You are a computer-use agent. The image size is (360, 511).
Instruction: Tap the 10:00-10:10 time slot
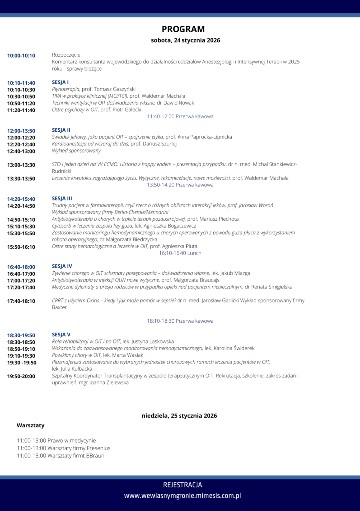(21, 55)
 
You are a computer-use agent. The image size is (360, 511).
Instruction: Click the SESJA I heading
(60, 82)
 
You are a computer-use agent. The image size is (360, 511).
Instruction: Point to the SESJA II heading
(61, 130)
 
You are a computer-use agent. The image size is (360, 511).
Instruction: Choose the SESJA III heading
(62, 198)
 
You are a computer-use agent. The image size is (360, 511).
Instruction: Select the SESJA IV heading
(62, 266)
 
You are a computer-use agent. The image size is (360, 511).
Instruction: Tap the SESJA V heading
(61, 334)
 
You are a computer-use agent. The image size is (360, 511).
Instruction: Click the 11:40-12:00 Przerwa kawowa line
(180, 116)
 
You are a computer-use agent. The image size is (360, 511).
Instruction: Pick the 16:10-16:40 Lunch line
(180, 253)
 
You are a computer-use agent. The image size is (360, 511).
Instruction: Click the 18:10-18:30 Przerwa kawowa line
(180, 321)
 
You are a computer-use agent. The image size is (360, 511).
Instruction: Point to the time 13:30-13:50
(21, 178)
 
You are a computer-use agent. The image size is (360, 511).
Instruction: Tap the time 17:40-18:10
(21, 301)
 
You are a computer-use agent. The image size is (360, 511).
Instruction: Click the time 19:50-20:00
(21, 376)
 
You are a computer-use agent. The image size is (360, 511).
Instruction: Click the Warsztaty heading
(30, 425)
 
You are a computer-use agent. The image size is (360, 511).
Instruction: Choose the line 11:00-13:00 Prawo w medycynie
(56, 441)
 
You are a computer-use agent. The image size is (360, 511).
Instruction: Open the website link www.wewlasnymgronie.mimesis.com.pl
(182, 496)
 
